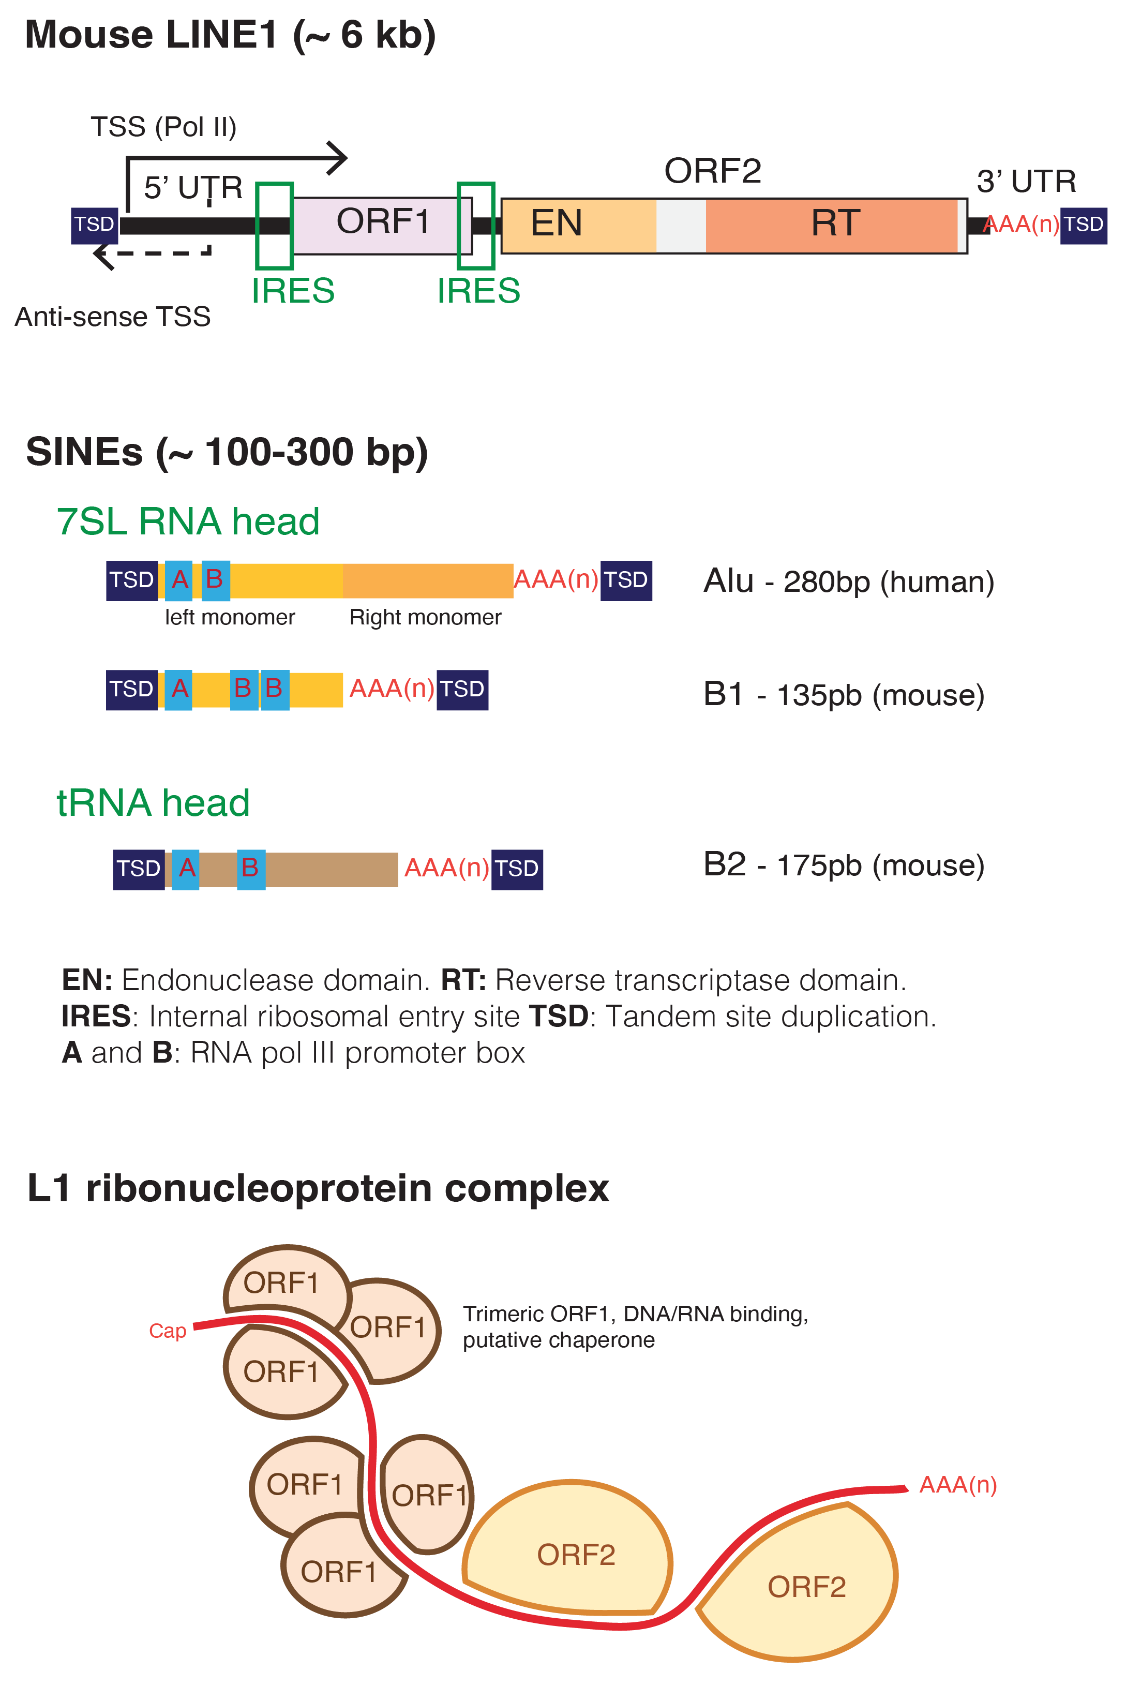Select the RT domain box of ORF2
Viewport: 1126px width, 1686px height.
pos(833,225)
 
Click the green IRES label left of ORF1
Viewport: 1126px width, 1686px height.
pos(292,291)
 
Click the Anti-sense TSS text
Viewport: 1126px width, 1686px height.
pos(113,317)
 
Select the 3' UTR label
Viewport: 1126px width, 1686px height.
pos(1026,182)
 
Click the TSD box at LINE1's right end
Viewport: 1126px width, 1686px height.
pos(1083,225)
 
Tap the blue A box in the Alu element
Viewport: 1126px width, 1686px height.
pos(179,580)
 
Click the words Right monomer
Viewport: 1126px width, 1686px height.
pos(425,618)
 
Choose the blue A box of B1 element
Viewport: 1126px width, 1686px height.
pos(179,689)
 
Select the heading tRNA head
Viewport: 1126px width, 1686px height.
pos(153,803)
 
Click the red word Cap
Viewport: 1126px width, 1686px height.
pos(167,1331)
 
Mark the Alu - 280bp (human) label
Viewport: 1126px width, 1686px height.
pos(848,581)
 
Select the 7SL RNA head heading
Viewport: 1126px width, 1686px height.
pos(187,521)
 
